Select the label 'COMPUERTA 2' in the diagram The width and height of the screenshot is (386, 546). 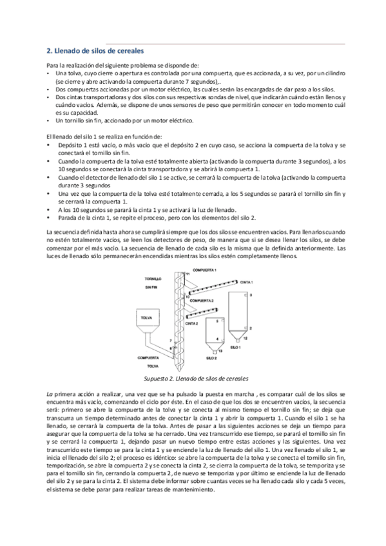click(202, 300)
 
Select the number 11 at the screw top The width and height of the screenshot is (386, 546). click(188, 275)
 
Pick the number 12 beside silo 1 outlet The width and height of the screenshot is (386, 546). click(245, 337)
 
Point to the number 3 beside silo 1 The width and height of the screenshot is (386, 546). click(251, 294)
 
